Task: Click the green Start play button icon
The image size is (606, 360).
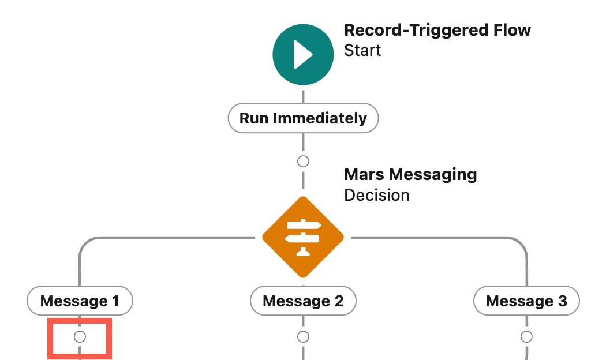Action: (303, 55)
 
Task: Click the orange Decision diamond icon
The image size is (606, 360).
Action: (303, 237)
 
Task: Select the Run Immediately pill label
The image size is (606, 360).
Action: (303, 118)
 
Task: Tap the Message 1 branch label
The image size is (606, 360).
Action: (80, 301)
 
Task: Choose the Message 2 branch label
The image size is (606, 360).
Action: (303, 301)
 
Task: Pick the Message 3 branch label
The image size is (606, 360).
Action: (526, 301)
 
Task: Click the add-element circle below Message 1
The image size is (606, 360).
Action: (80, 336)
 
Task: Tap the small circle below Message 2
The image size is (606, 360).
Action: (303, 336)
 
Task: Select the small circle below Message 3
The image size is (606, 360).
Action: (526, 336)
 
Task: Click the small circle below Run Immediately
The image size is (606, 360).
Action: (303, 161)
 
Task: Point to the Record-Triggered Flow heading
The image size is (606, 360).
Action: (437, 30)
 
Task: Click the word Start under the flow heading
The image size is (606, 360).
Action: (362, 50)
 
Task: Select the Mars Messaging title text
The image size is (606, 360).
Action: (410, 174)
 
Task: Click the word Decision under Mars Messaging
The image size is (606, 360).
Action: (376, 195)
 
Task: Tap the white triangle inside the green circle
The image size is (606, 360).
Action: (304, 55)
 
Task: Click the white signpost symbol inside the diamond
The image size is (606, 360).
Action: (303, 237)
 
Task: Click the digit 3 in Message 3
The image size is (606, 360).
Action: (562, 301)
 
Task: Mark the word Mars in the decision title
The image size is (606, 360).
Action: (364, 174)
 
